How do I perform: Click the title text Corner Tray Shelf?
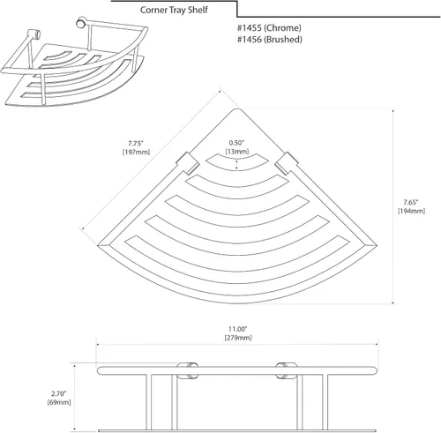[x=174, y=10]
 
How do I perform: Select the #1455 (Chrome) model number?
[x=269, y=28]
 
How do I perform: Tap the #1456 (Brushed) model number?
[x=270, y=40]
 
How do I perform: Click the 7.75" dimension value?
[x=136, y=144]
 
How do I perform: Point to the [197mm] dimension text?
[x=136, y=152]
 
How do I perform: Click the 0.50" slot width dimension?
[x=236, y=143]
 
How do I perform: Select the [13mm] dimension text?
[x=237, y=152]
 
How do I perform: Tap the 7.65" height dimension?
[x=411, y=202]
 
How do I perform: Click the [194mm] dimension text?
[x=411, y=211]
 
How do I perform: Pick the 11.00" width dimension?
[x=238, y=329]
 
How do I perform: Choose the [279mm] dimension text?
[x=238, y=338]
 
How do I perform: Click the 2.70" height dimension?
[x=59, y=393]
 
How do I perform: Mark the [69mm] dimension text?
[x=59, y=402]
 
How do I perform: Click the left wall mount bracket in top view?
[x=188, y=164]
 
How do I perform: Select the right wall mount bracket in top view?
[x=287, y=163]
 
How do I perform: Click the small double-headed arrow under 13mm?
[x=237, y=165]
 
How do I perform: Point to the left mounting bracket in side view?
[x=187, y=371]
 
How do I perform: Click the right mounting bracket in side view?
[x=287, y=371]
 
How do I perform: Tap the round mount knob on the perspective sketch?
[x=81, y=23]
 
